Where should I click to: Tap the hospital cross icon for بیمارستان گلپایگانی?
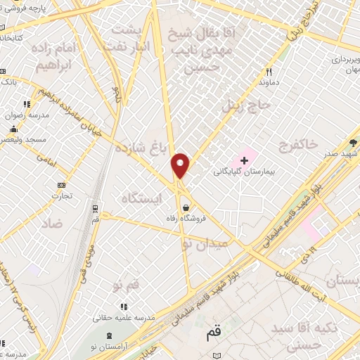[x=245, y=161]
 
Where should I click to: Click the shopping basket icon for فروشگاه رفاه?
[x=186, y=207]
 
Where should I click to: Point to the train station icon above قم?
[x=96, y=208]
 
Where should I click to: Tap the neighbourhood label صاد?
[x=52, y=223]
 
